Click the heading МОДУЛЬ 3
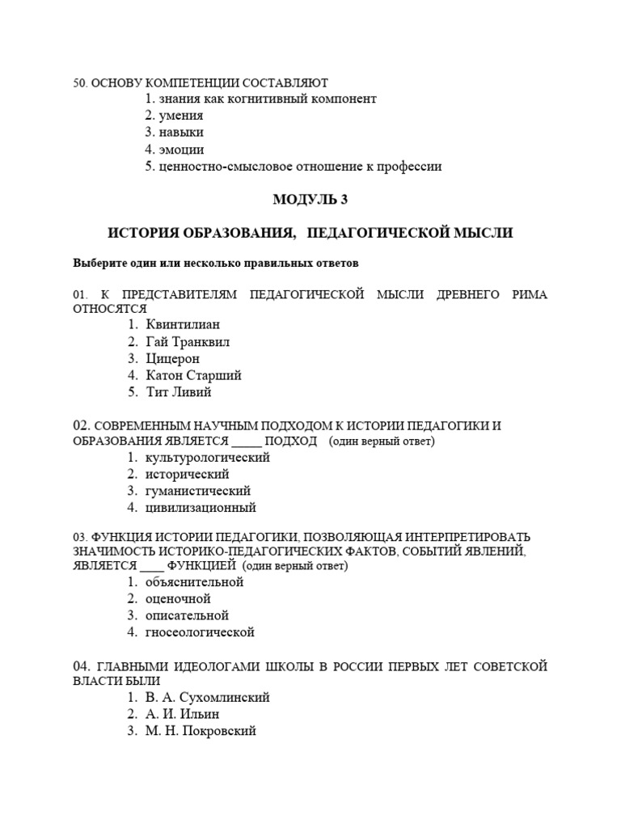310,199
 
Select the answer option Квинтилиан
183,324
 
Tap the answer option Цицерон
173,358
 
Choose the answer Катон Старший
194,375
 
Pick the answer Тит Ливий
179,392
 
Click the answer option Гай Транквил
188,341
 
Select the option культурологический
208,457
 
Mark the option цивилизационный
201,508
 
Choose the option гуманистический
199,491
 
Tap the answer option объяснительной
195,581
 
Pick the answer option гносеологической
201,632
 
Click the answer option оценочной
179,598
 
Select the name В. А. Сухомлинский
208,697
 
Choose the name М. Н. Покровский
201,731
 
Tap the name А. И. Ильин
183,714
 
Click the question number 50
80,82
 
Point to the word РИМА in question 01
530,294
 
